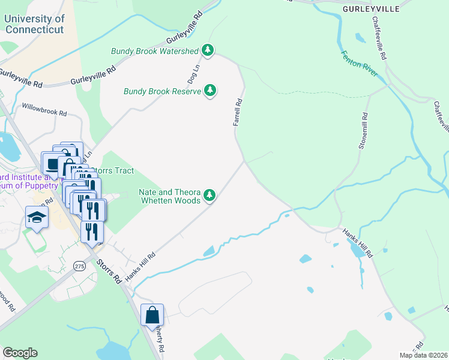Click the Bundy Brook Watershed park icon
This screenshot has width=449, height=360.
tap(208, 50)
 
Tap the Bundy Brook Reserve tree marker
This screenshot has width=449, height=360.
tap(210, 91)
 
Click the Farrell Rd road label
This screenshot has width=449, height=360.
tap(238, 112)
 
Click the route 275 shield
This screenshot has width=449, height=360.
tap(79, 265)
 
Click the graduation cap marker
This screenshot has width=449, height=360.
tap(37, 218)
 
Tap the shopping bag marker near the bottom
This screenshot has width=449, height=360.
tap(152, 314)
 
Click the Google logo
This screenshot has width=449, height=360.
tap(20, 353)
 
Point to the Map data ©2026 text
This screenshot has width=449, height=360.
tap(424, 355)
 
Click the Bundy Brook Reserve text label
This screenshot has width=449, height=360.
tap(162, 92)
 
